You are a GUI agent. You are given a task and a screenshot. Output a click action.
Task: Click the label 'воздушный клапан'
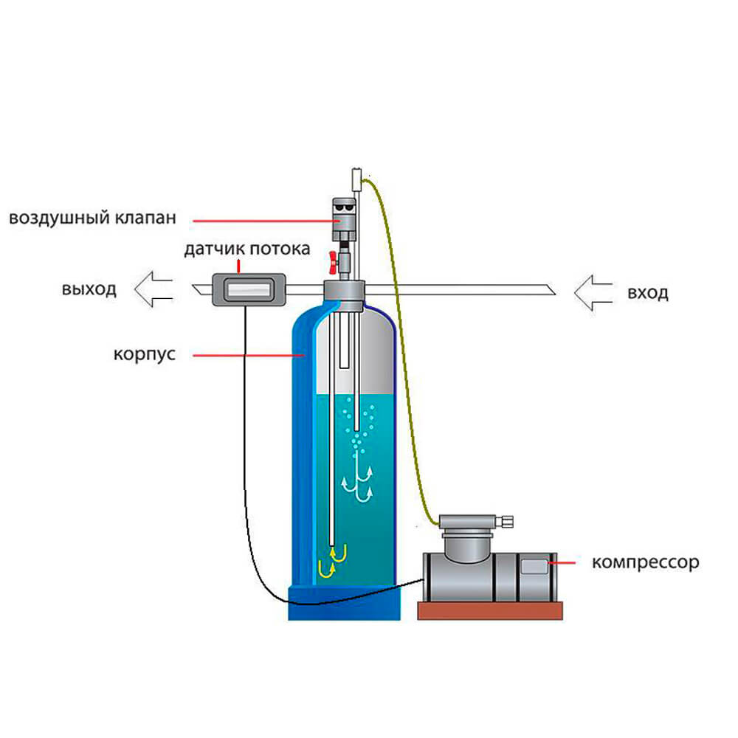coord(94,218)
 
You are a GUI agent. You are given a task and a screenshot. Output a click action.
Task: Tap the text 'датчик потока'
coord(247,249)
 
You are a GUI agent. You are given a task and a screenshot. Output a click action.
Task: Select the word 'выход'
coord(89,289)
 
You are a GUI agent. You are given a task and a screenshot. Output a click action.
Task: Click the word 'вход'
coord(648,293)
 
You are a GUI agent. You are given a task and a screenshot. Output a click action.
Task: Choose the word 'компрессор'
coord(645,562)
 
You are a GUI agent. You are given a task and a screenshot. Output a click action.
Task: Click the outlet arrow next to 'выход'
coord(154,289)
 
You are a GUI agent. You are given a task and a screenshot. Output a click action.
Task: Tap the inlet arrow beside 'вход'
coord(593,293)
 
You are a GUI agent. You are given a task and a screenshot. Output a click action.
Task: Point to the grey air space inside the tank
coord(354,354)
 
